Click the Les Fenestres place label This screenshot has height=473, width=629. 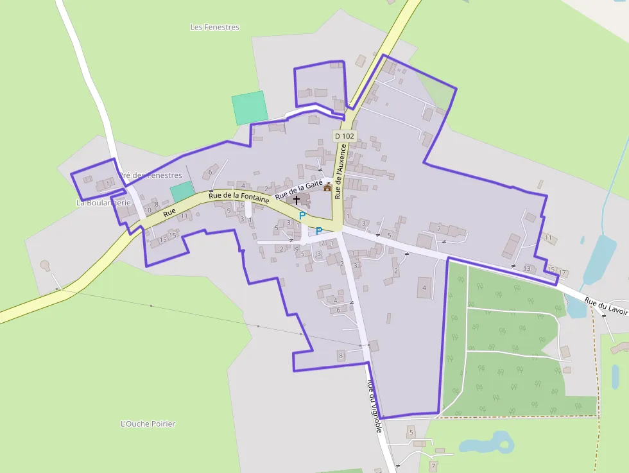(x=215, y=28)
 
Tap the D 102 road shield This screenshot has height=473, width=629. (x=344, y=136)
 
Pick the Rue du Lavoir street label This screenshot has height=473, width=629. (x=606, y=304)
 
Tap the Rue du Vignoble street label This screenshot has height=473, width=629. (x=375, y=404)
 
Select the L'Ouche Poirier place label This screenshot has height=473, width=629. (x=148, y=424)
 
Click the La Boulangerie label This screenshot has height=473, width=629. (x=103, y=203)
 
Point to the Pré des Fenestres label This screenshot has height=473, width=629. (x=151, y=175)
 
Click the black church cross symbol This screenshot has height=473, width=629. (x=297, y=200)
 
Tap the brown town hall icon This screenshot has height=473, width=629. (x=328, y=187)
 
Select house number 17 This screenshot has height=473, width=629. (x=562, y=273)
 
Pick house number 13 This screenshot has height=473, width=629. (x=527, y=268)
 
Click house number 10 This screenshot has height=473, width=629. (x=148, y=210)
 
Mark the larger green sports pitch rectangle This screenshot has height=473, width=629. (x=249, y=107)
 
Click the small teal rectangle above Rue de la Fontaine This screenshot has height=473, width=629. (x=182, y=191)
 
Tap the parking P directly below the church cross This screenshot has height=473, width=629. (x=302, y=216)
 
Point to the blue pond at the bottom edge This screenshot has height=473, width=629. (x=487, y=443)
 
